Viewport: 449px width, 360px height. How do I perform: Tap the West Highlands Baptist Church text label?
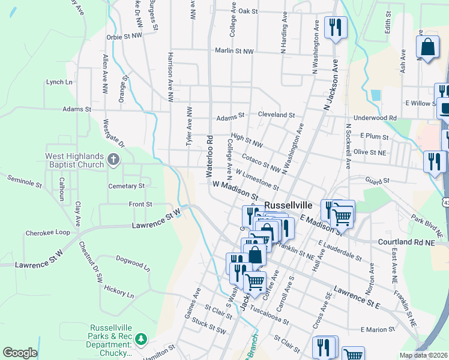tap(75, 160)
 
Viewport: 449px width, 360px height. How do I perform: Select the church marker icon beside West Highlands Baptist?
tap(114, 160)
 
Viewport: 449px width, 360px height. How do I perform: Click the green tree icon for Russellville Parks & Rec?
tap(141, 340)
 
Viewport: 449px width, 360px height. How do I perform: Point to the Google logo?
tap(20, 353)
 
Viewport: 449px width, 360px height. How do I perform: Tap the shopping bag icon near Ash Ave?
tap(428, 47)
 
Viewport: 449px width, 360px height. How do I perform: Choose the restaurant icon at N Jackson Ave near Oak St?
tap(335, 27)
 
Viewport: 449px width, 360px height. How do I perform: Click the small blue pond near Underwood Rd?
tap(376, 95)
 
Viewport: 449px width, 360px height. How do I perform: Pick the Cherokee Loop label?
tap(47, 233)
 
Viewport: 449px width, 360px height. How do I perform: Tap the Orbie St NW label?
tap(124, 36)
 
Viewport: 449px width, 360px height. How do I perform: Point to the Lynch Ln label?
tap(59, 82)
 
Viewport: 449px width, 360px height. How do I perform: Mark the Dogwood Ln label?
tap(128, 263)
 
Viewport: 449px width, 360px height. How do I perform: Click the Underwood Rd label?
tap(376, 118)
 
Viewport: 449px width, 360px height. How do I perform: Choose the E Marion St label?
tap(378, 329)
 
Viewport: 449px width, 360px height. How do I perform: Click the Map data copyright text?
tap(424, 355)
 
